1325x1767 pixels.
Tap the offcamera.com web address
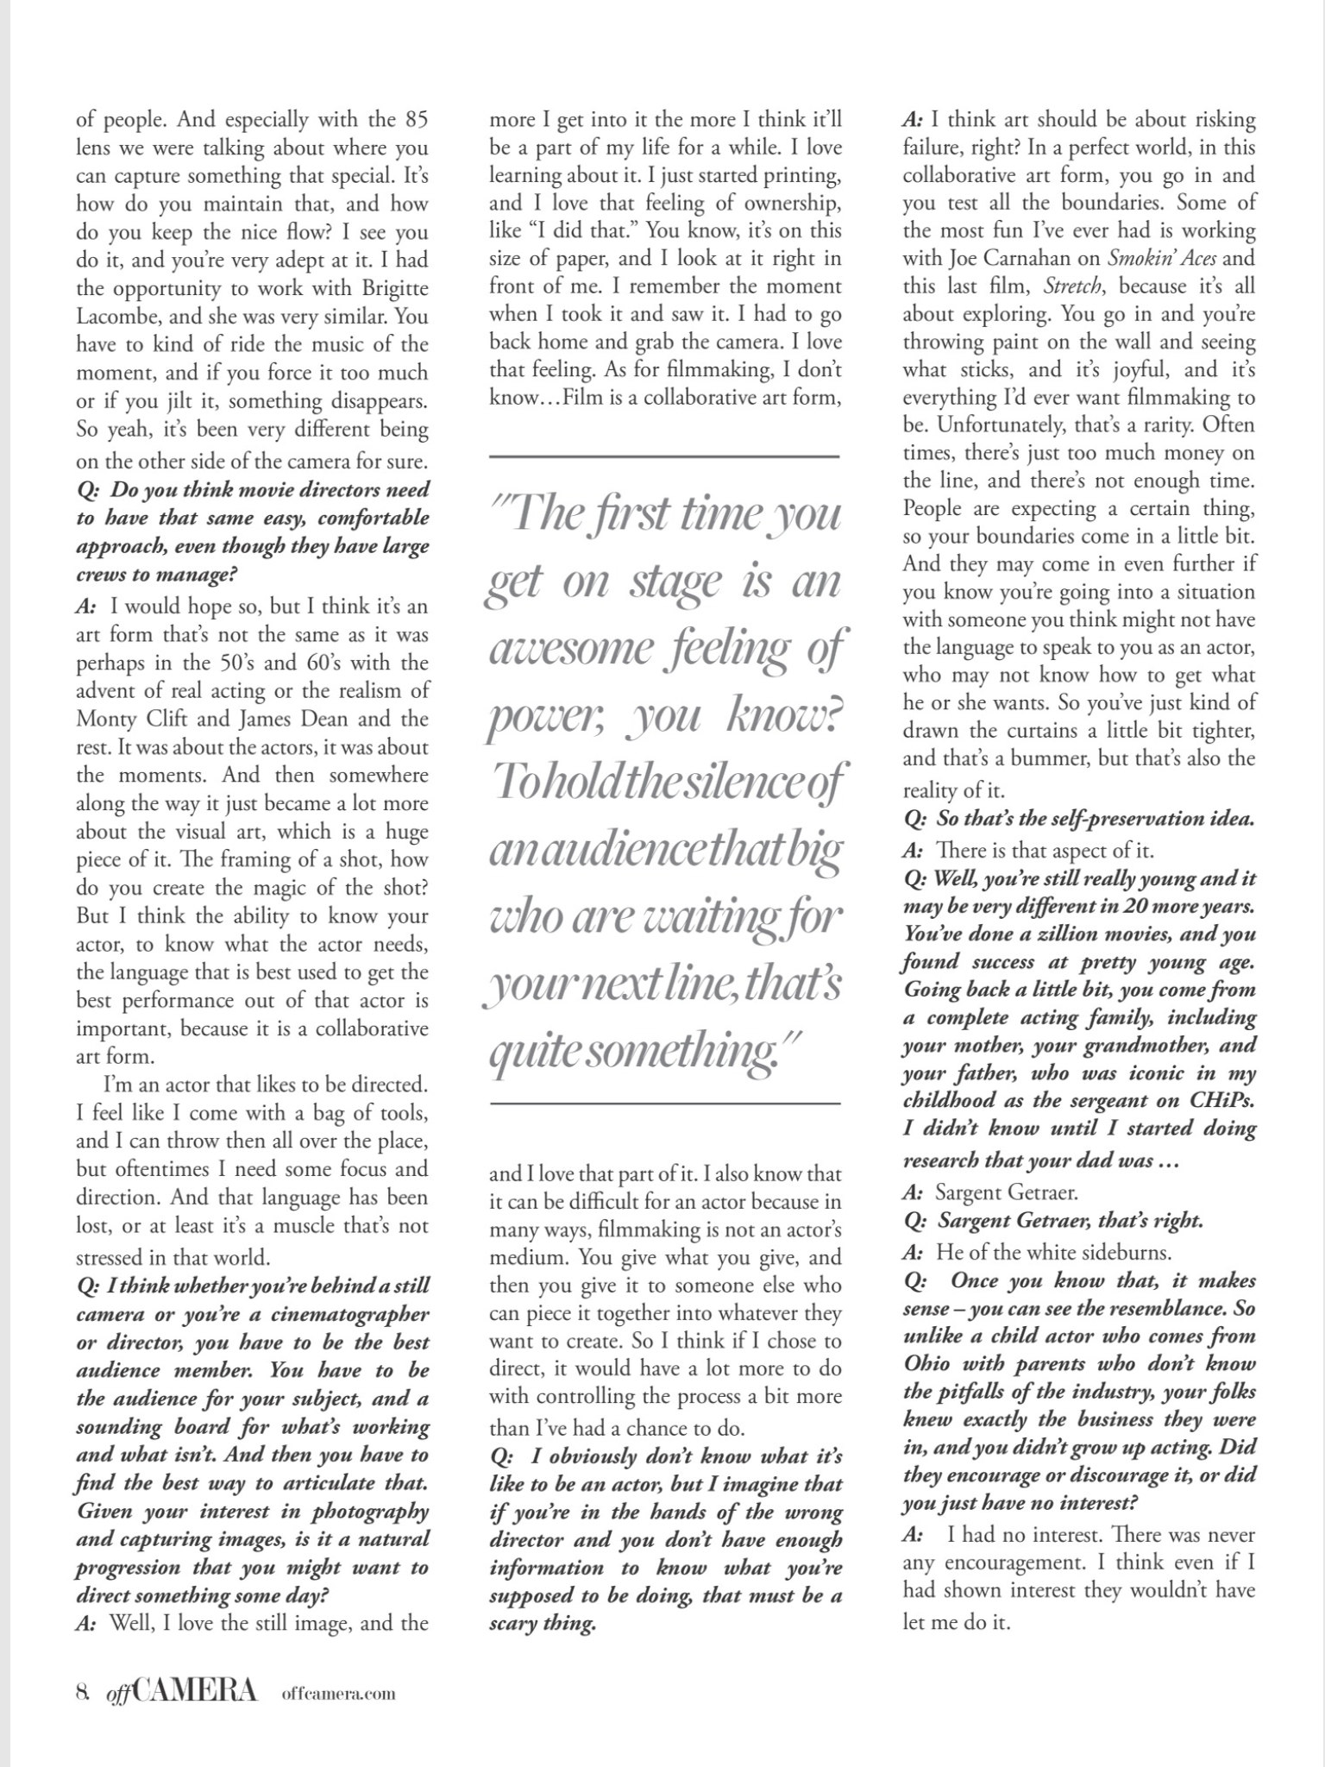click(338, 1694)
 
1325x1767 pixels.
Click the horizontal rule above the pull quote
click(664, 456)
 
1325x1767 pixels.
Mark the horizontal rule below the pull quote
click(664, 1104)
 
